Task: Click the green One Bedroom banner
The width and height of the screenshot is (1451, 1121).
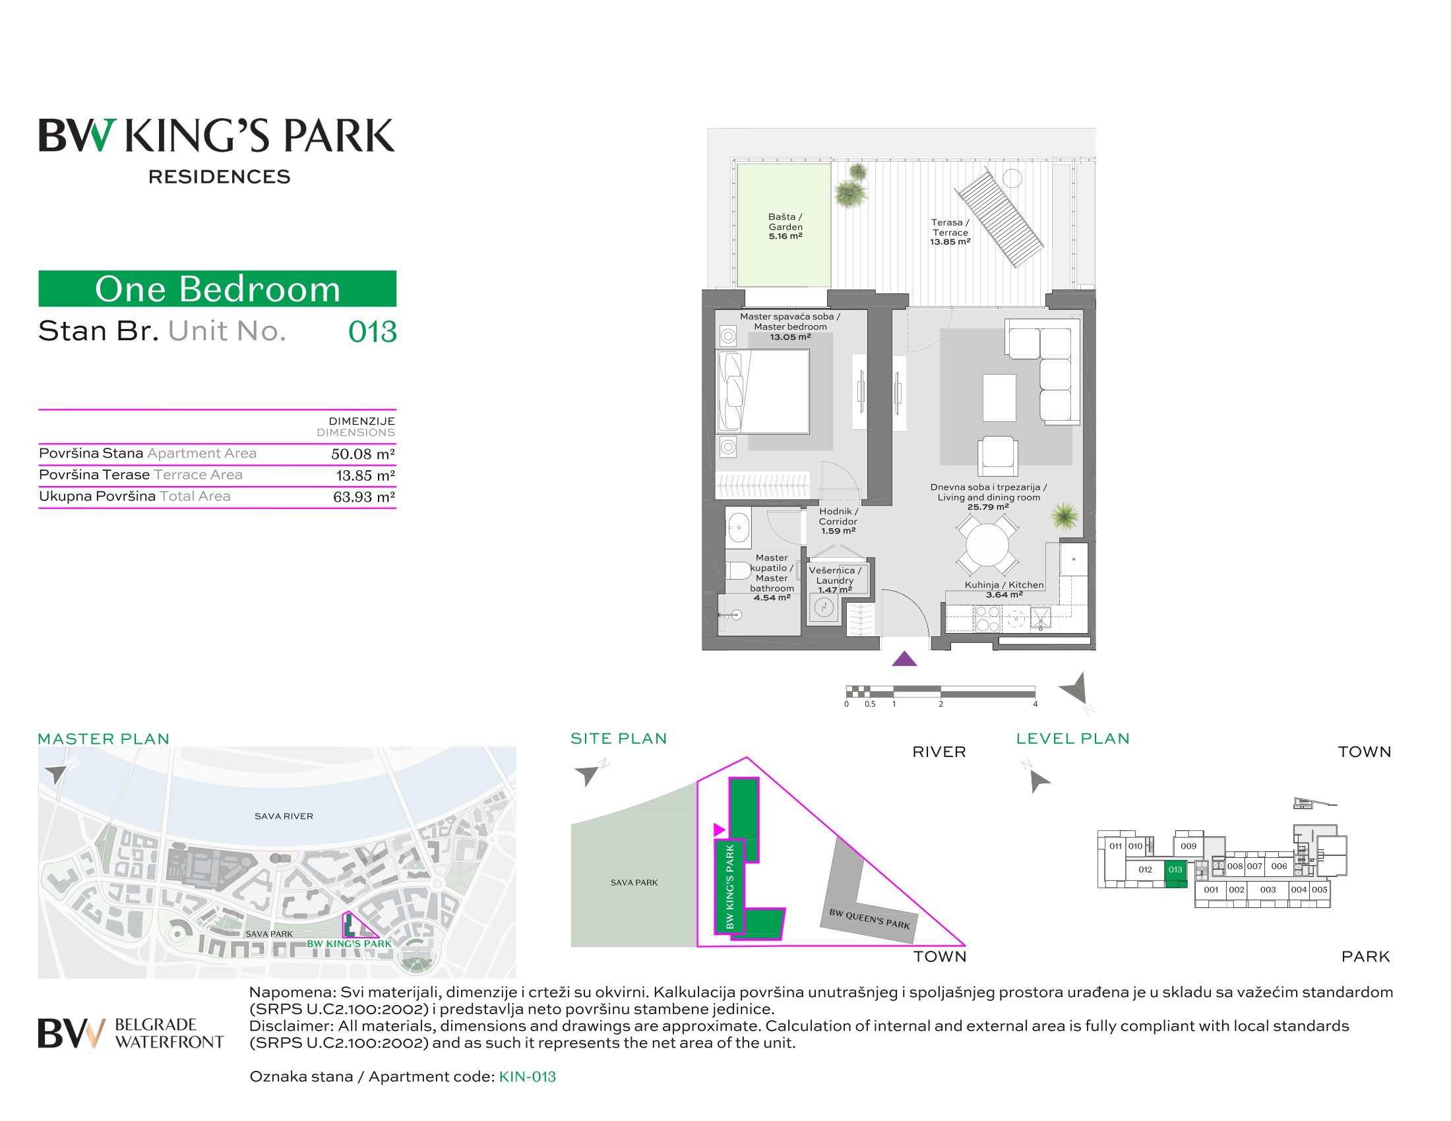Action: tap(217, 288)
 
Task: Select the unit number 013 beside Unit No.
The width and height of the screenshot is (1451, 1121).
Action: tap(372, 332)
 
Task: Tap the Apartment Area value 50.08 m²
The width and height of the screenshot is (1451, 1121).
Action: tap(363, 454)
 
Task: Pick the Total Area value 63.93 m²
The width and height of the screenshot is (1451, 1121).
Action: tap(363, 497)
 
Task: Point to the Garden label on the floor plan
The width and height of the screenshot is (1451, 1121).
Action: tap(786, 226)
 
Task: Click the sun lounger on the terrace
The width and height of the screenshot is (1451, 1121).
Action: tap(999, 218)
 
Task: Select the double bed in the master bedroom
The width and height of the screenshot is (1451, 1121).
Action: tap(762, 392)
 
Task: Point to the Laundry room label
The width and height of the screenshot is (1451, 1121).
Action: tap(835, 580)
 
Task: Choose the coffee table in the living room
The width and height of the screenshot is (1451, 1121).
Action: tap(999, 398)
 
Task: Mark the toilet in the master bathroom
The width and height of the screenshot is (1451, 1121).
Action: tap(737, 570)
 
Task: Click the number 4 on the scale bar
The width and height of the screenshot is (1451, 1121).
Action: tap(1035, 704)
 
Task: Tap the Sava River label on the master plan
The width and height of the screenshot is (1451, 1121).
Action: tap(284, 816)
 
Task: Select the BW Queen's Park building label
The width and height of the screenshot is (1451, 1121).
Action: tap(869, 919)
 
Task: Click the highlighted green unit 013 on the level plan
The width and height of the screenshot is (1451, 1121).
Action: tap(1175, 873)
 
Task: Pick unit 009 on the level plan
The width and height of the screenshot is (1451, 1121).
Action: tap(1189, 846)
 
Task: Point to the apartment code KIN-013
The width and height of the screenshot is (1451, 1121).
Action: tap(527, 1077)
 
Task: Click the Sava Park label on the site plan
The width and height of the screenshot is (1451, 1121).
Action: tap(634, 882)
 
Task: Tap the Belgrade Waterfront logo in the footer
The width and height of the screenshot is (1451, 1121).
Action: tap(131, 1033)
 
